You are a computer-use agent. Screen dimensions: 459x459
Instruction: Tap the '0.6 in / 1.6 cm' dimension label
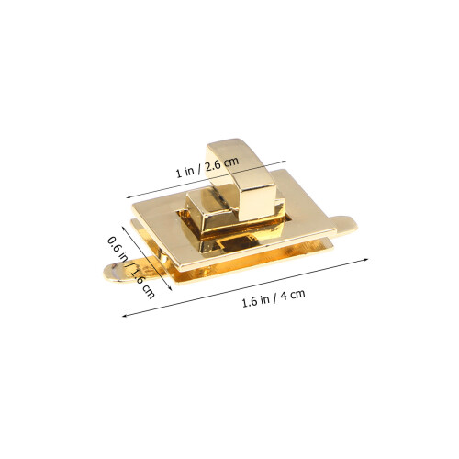pyautogui.click(x=131, y=267)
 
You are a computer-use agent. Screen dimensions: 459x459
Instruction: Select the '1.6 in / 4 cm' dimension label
pyautogui.click(x=274, y=297)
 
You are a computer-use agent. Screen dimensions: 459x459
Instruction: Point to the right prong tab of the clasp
pyautogui.click(x=345, y=225)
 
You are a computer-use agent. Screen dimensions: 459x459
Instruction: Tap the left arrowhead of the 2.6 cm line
pyautogui.click(x=129, y=197)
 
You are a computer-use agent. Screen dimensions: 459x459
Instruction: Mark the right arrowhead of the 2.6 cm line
pyautogui.click(x=285, y=162)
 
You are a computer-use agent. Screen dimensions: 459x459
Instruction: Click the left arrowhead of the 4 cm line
pyautogui.click(x=124, y=316)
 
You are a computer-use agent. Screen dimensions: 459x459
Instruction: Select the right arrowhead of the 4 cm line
pyautogui.click(x=366, y=260)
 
